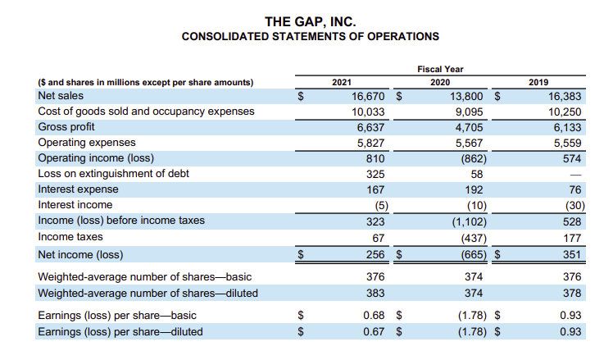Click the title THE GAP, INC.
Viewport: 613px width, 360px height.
pos(311,21)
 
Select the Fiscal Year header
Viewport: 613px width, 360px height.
pos(440,69)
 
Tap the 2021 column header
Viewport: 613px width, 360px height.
pos(342,82)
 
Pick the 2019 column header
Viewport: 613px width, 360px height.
pos(538,82)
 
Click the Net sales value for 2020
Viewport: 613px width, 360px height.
pos(466,96)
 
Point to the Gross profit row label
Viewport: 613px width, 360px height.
pos(66,127)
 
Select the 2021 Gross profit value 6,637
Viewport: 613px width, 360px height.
pos(370,128)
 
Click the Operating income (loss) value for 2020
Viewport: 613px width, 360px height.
pos(474,158)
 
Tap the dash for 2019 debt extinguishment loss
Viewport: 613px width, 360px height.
pos(575,175)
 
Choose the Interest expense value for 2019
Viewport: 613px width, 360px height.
pos(575,189)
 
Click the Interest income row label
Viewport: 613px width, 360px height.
pos(75,205)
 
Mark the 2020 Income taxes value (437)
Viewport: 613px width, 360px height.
pos(474,239)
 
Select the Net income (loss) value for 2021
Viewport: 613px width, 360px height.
pos(375,255)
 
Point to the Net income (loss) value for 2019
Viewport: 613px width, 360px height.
pos(572,255)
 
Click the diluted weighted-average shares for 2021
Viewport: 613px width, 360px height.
pos(375,293)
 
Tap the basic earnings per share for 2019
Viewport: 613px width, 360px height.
pos(570,316)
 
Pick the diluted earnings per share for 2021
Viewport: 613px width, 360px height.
pos(374,332)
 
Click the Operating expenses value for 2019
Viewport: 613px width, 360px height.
pos(567,144)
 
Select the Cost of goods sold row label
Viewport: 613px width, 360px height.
pos(146,112)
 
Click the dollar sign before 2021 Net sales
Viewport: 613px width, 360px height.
pos(301,96)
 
